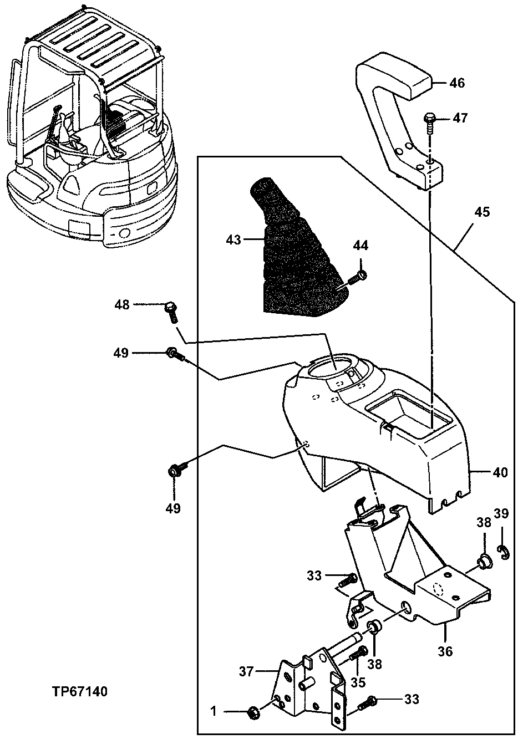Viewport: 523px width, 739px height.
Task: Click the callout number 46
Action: [x=457, y=83]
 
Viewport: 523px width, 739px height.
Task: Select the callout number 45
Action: [x=482, y=212]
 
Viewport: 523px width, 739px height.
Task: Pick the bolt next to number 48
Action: [x=171, y=310]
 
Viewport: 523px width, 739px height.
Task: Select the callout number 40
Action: [x=500, y=472]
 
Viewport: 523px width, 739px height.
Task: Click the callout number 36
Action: [x=445, y=651]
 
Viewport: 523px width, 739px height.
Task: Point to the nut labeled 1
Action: [x=251, y=711]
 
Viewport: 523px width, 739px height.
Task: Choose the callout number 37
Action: [x=246, y=671]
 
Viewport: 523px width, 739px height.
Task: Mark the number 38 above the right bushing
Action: [x=484, y=522]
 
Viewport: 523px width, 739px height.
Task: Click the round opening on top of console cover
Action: [x=331, y=367]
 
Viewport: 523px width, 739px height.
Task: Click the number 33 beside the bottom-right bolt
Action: [x=412, y=699]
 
